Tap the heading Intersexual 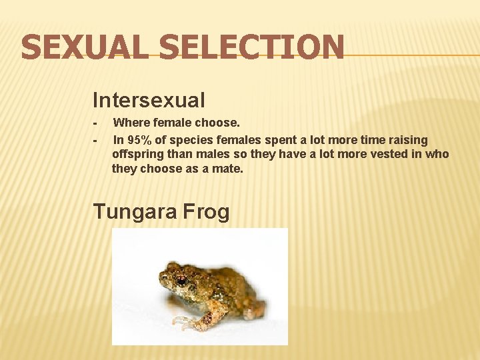(149, 101)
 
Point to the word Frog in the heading (206, 212)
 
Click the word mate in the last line (229, 169)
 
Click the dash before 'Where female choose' (96, 123)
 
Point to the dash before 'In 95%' (96, 141)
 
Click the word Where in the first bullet (129, 123)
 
